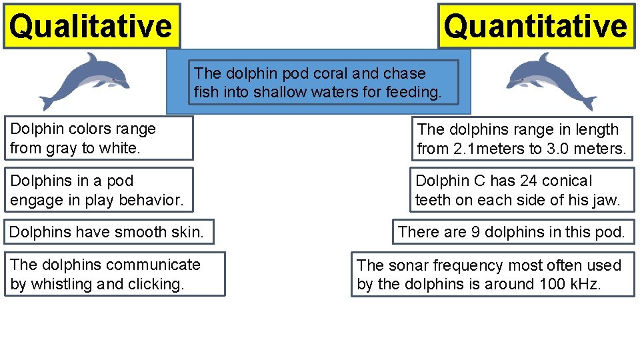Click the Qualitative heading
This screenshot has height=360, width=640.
[91, 26]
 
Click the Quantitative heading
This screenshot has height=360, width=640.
[536, 26]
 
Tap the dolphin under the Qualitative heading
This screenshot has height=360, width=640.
[84, 81]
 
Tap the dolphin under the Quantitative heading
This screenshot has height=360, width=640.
[551, 81]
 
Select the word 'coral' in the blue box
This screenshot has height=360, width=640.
[337, 73]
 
